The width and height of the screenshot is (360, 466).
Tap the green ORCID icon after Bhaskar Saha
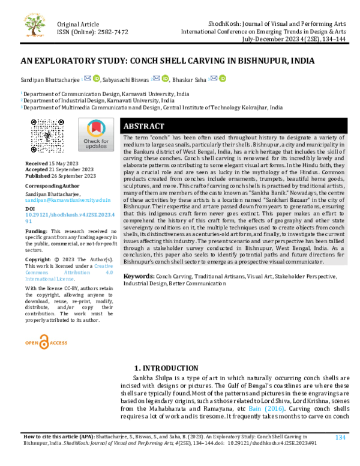coord(223,79)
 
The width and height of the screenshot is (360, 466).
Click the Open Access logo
coord(46,342)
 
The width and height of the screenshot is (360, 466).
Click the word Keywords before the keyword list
coord(139,276)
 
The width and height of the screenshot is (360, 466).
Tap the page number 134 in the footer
coord(341,437)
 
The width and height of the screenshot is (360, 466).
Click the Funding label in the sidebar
coord(37,231)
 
